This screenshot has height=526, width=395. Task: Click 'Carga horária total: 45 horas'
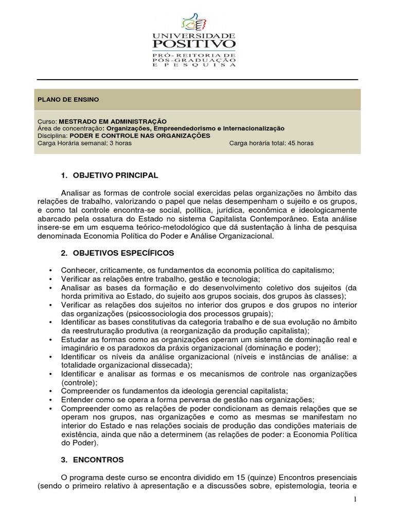pos(271,143)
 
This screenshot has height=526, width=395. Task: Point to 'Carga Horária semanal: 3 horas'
pos(85,143)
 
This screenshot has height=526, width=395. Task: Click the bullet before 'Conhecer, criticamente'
pos(50,271)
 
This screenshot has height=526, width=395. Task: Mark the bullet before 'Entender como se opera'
pos(50,400)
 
